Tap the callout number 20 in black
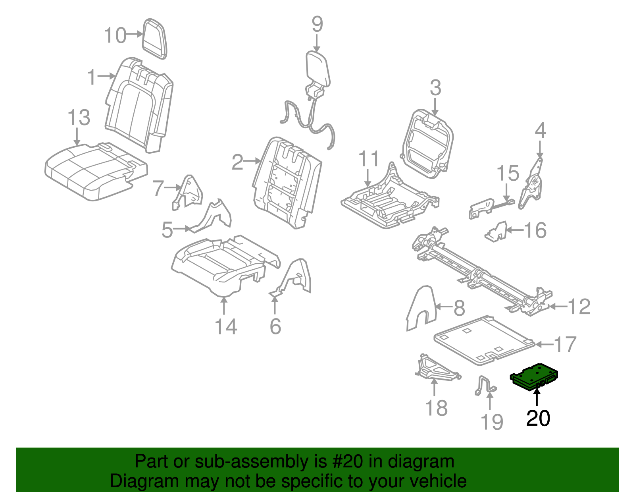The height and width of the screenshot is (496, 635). [538, 419]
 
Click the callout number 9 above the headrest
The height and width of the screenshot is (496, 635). [317, 24]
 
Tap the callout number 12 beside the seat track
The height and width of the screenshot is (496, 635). [579, 307]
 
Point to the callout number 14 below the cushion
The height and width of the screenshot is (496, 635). [225, 327]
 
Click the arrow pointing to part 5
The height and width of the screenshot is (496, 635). [183, 229]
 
